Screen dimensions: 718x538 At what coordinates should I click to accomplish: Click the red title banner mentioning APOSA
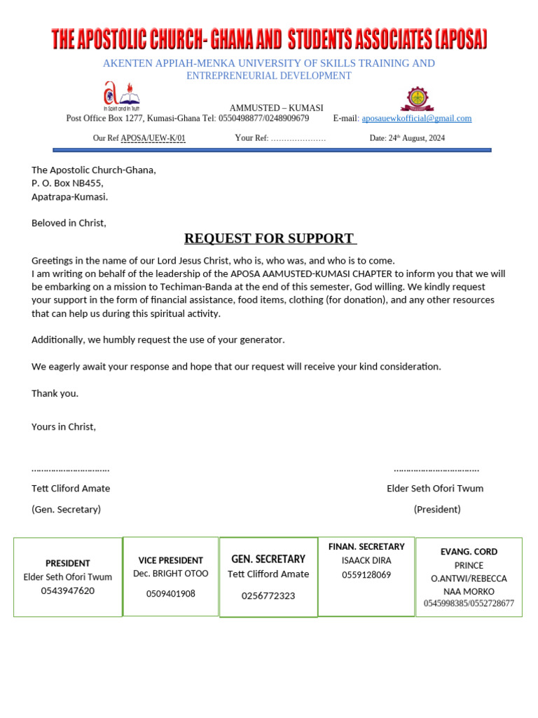pos(269,39)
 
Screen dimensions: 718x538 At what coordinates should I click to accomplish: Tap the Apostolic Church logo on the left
pos(121,96)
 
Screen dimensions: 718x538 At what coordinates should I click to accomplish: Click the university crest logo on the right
pos(417,99)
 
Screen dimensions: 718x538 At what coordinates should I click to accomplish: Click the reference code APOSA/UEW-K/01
pos(153,138)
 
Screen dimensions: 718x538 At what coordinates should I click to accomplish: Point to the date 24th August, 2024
pos(407,138)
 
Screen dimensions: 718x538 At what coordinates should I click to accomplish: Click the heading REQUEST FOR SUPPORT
pos(270,238)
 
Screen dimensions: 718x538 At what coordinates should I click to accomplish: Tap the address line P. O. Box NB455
pos(67,183)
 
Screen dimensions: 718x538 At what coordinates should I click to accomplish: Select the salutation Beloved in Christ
pos(69,223)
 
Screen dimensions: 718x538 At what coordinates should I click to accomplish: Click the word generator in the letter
pos(262,340)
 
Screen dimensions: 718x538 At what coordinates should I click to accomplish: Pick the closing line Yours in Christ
pos(64,426)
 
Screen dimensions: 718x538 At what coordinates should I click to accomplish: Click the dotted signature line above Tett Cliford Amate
pos(70,469)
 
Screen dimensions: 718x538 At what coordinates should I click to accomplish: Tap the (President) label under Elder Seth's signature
pos(437,509)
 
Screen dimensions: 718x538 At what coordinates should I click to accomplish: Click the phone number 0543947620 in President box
pos(67,590)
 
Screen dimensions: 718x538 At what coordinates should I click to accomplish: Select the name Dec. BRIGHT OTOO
pos(170,574)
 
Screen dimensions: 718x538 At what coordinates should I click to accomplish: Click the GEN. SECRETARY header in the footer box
pos(268,559)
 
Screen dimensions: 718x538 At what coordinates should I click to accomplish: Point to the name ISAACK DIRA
pos(366,560)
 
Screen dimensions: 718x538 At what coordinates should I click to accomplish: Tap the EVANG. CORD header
pos(469,552)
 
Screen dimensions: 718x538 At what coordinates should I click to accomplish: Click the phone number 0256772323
pos(268,596)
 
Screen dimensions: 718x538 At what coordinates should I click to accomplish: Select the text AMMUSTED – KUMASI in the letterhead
pos(276,108)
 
